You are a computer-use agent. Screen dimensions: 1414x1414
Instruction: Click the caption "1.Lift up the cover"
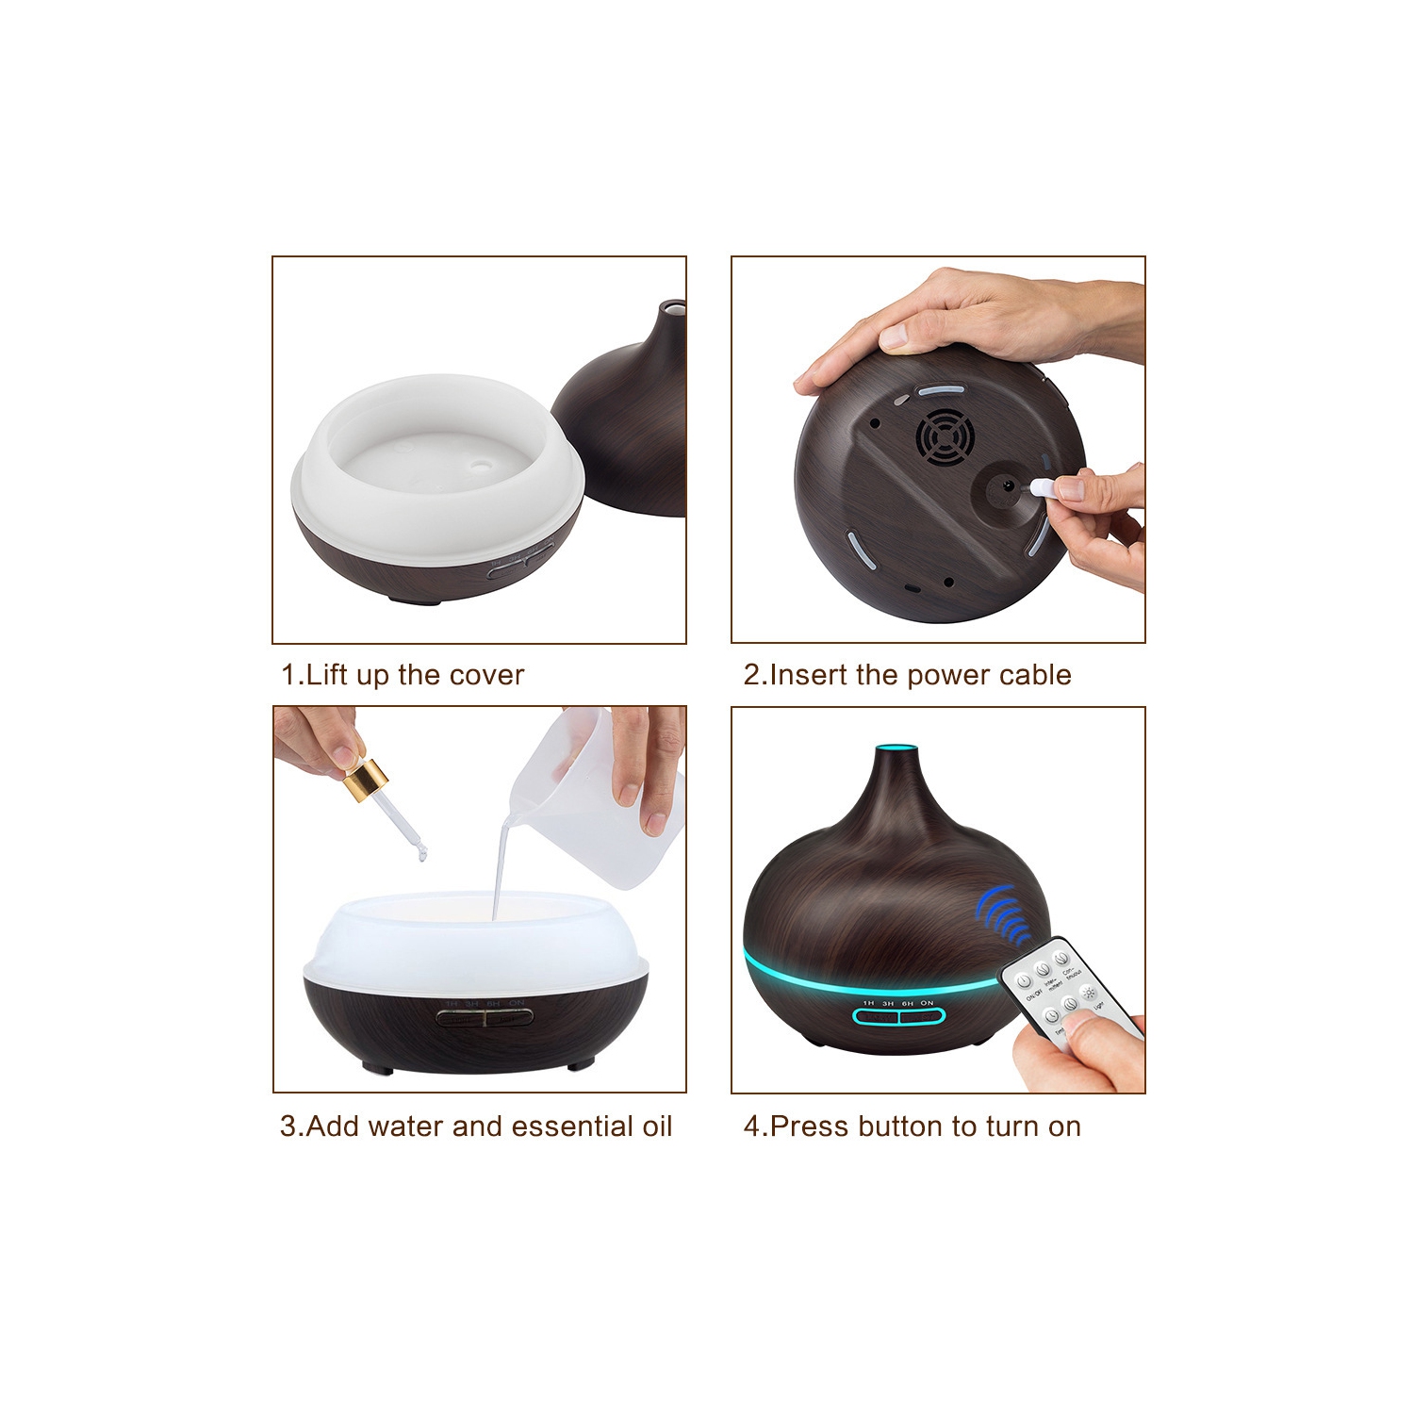pyautogui.click(x=403, y=675)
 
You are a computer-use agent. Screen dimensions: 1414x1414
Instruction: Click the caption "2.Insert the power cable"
pyautogui.click(x=907, y=675)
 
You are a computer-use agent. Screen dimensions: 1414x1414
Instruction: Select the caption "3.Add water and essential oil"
pyautogui.click(x=476, y=1126)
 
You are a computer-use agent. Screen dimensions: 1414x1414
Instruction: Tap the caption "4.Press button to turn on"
pyautogui.click(x=912, y=1126)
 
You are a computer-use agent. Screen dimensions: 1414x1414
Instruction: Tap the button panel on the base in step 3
pyautogui.click(x=485, y=1017)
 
